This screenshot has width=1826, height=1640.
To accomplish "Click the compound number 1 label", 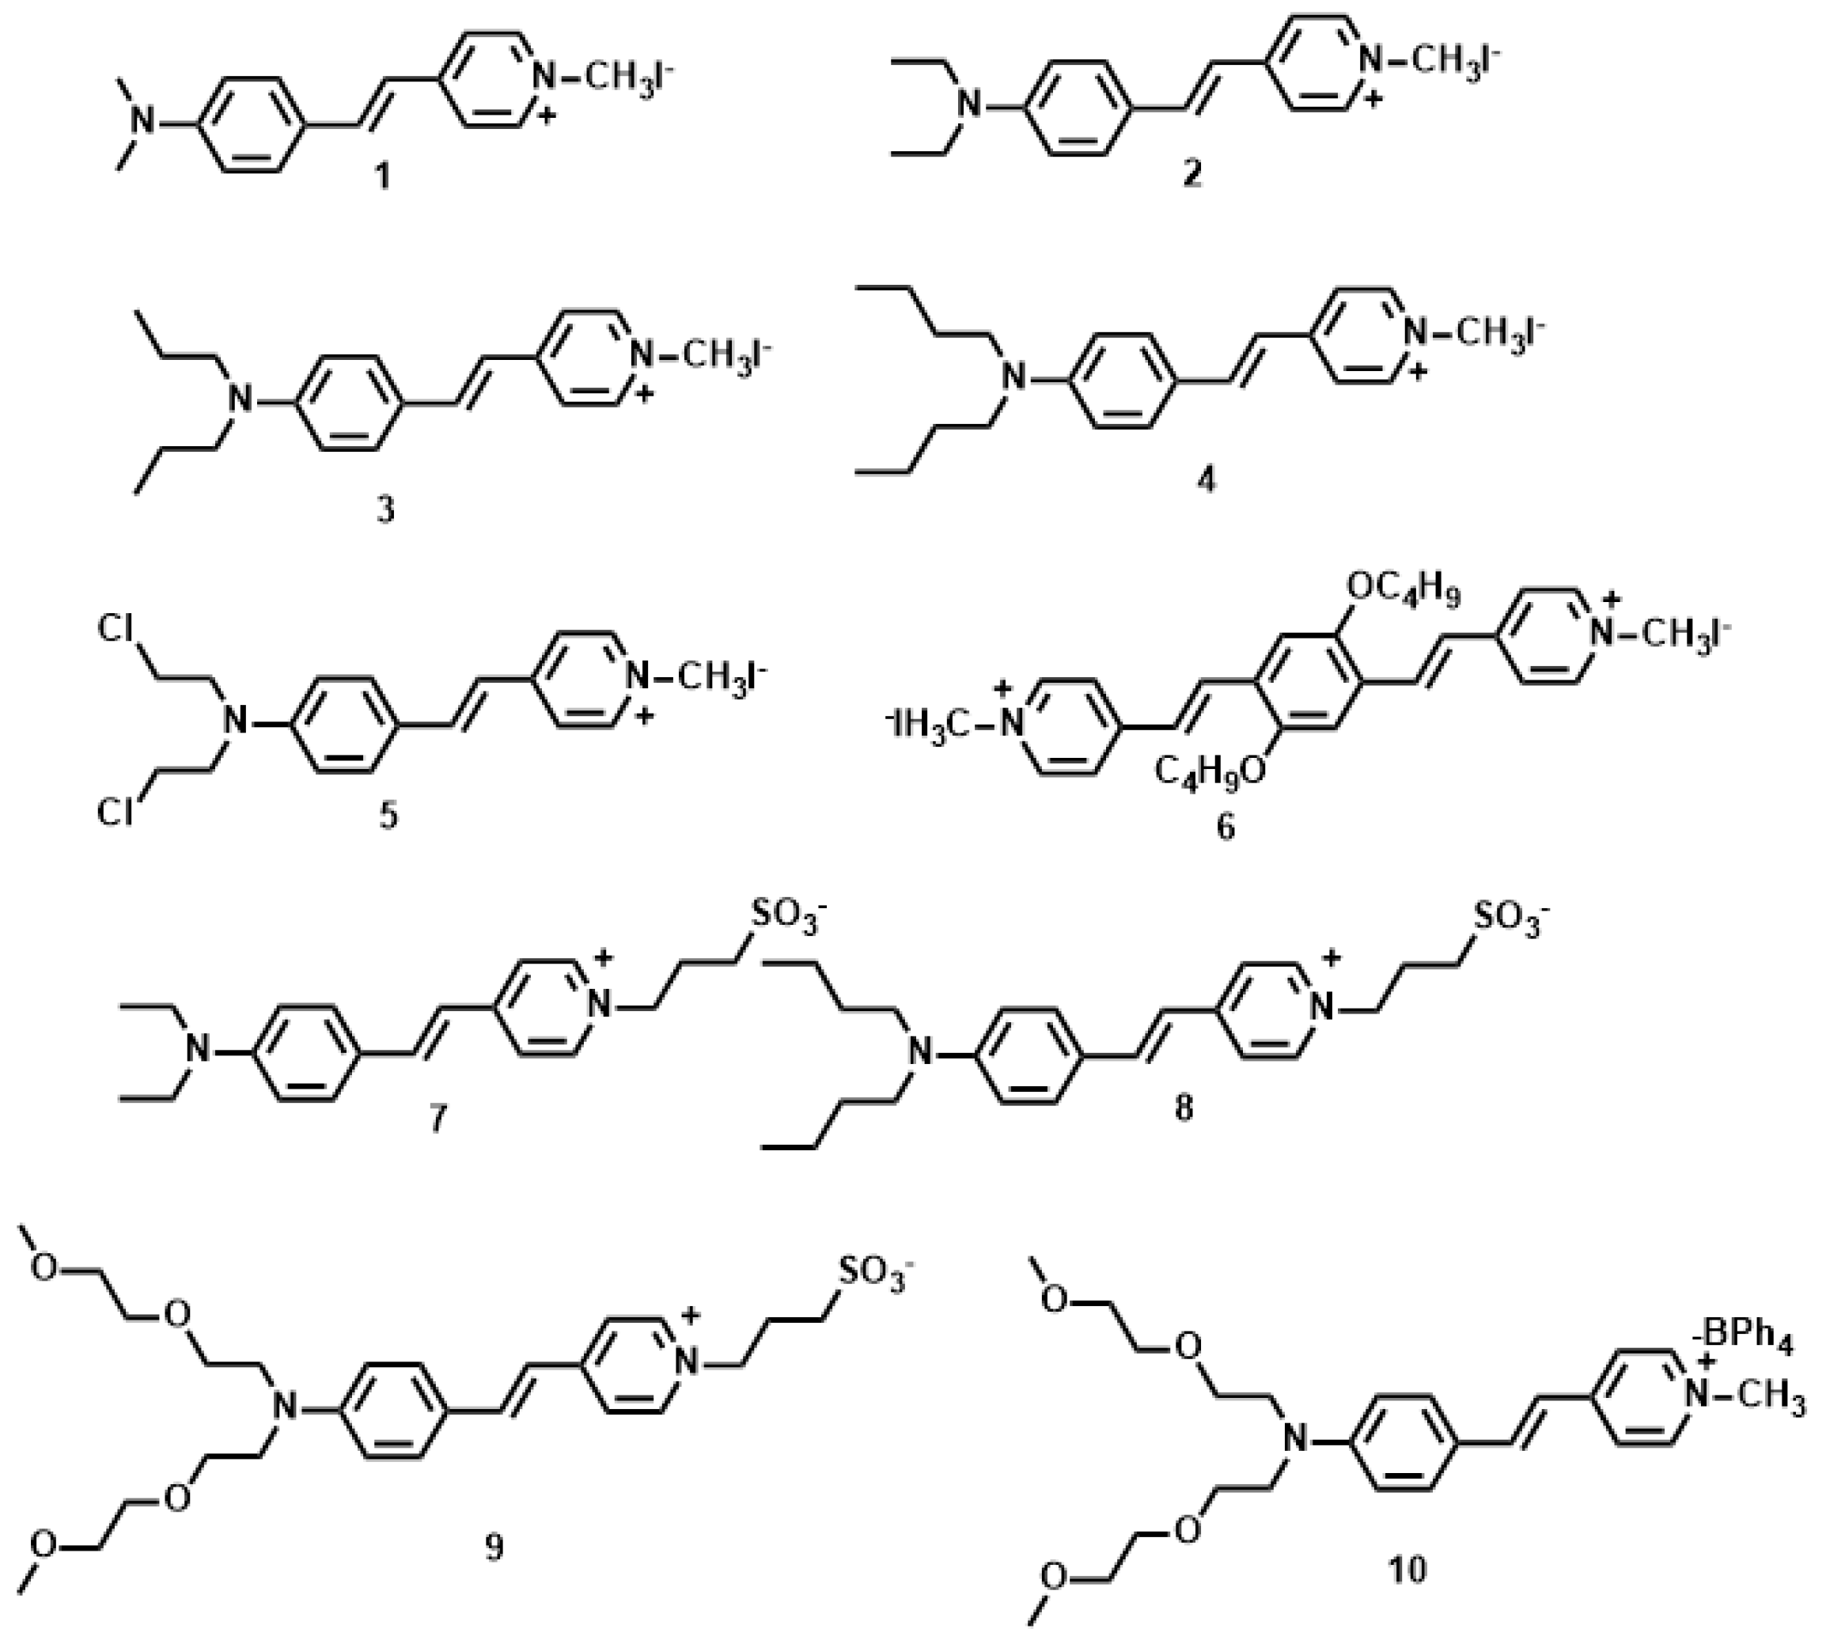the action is tap(384, 176).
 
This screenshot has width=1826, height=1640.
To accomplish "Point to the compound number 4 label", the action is tap(1206, 479).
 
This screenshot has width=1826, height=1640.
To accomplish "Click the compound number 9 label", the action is tap(494, 1547).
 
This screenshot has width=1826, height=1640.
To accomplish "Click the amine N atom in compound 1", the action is tap(142, 119).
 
